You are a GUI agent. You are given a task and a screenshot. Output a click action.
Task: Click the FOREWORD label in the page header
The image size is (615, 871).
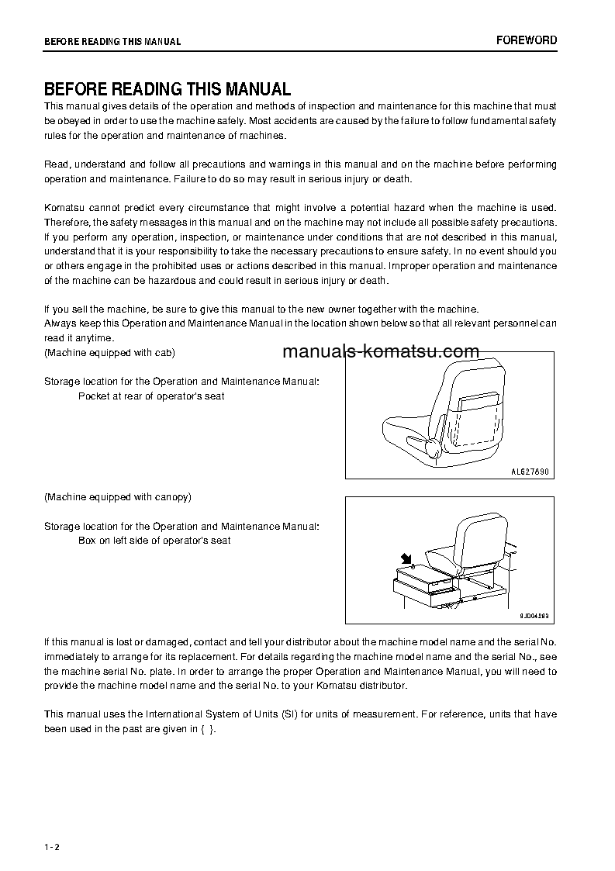coord(527,40)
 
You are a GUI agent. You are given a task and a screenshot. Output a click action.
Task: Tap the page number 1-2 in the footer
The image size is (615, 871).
coord(52,847)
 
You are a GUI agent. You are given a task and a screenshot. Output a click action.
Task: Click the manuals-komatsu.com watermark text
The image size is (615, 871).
coord(381,352)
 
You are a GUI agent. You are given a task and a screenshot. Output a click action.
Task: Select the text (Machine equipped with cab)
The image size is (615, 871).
coord(109,353)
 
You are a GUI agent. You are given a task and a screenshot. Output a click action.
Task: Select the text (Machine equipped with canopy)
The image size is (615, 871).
coord(117,496)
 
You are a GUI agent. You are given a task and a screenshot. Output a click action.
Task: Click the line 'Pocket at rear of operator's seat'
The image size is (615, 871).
coord(151,396)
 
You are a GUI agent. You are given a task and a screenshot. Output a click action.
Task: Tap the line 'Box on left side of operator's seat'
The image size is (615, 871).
coord(154,540)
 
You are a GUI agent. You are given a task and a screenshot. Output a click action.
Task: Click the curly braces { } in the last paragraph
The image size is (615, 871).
coord(207,729)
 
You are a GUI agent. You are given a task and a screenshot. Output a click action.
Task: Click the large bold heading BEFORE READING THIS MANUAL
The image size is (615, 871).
coord(167,89)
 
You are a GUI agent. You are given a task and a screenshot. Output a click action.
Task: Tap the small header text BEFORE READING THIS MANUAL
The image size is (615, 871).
coord(112,42)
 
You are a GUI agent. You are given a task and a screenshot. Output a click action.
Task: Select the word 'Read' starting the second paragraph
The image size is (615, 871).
coord(56,164)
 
